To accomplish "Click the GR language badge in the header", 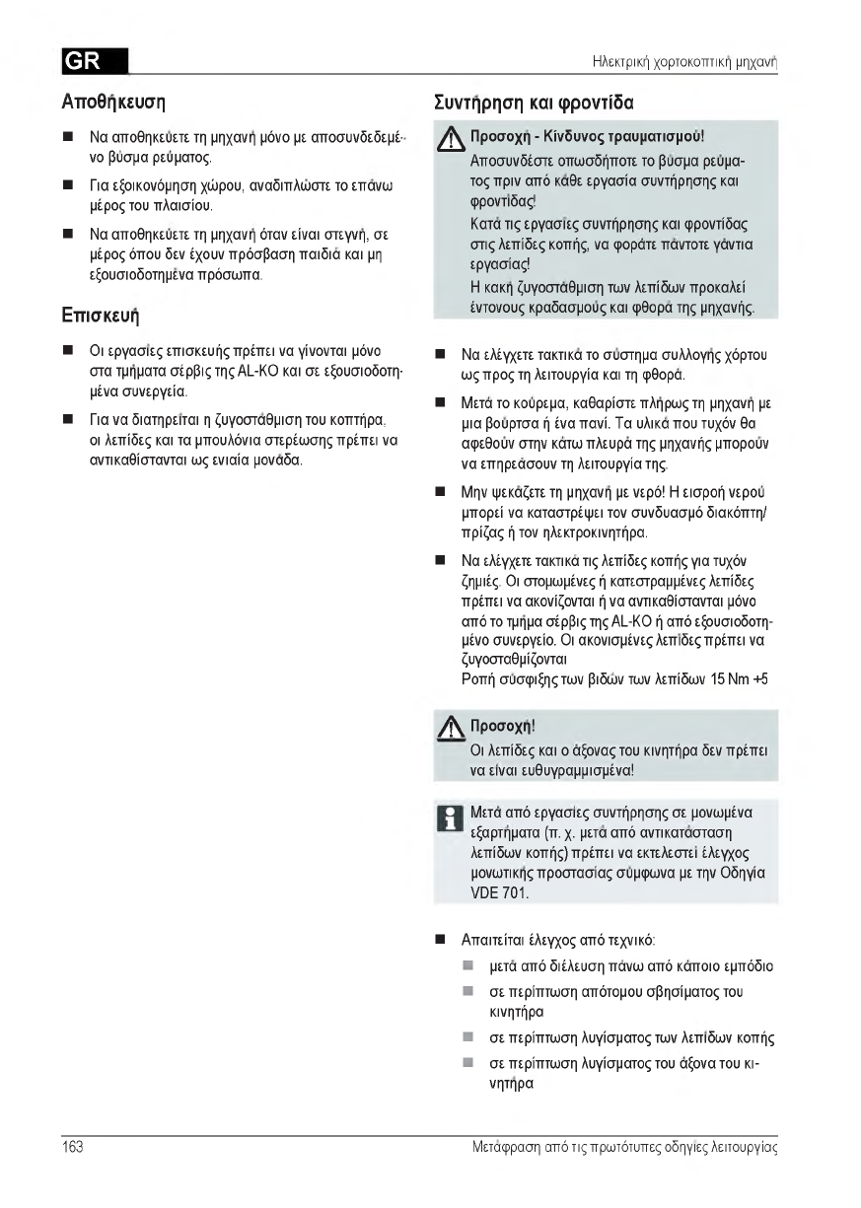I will pyautogui.click(x=94, y=62).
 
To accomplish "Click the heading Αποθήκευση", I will pyautogui.click(x=113, y=102).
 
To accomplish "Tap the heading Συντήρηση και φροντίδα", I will pyautogui.click(x=534, y=102).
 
